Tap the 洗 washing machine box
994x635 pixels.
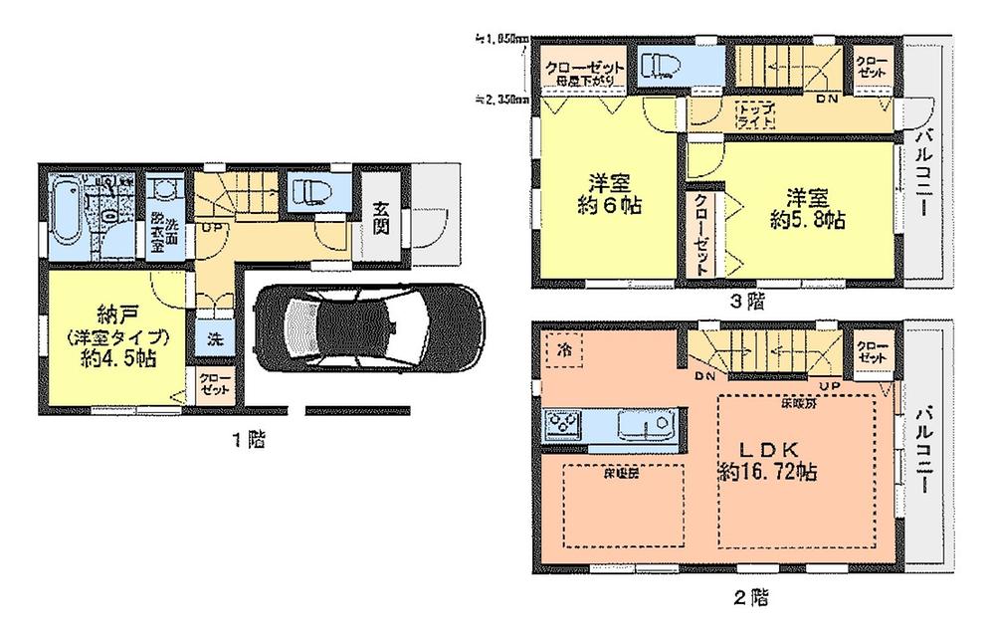click(215, 337)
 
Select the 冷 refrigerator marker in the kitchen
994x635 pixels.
click(563, 350)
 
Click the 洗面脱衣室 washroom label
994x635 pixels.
click(165, 230)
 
